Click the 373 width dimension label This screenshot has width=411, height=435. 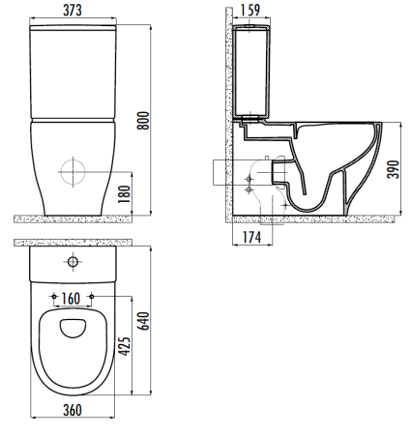[x=73, y=11]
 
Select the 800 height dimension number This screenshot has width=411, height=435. [x=143, y=121]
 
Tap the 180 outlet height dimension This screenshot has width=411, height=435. [x=125, y=193]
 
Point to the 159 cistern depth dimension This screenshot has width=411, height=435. [x=250, y=10]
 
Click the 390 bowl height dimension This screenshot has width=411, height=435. [x=394, y=169]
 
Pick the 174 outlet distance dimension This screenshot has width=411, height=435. [x=251, y=238]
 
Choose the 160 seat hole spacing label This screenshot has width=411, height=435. [x=71, y=299]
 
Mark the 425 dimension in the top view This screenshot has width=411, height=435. [x=125, y=346]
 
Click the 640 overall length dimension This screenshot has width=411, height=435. [x=143, y=321]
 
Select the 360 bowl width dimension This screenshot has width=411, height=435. [x=73, y=410]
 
